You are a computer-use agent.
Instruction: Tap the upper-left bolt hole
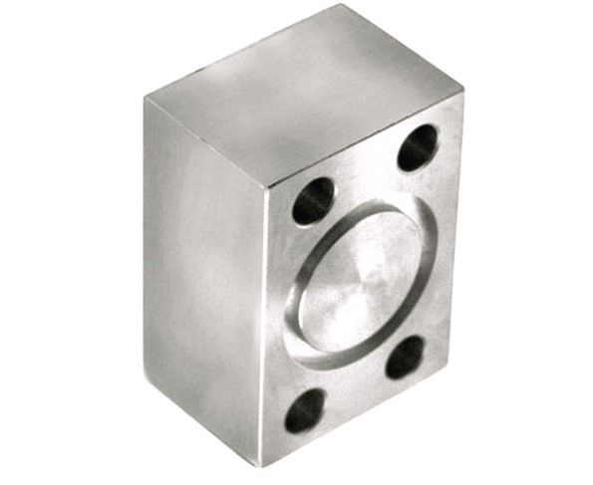pos(312,201)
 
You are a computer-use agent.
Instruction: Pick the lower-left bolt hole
pos(305,409)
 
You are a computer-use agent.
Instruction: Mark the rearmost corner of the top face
pos(340,8)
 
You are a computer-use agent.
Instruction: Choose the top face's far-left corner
pos(145,99)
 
